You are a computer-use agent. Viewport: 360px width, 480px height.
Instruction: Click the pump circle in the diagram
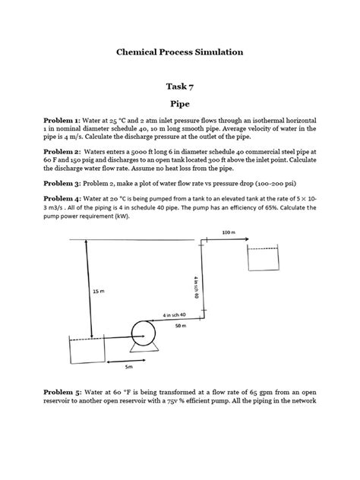click(x=142, y=332)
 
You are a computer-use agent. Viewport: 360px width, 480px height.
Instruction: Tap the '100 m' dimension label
click(x=228, y=232)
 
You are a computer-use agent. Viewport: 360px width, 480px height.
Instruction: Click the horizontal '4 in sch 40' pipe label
click(x=174, y=314)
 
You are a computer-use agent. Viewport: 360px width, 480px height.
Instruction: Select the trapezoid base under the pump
click(x=142, y=349)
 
